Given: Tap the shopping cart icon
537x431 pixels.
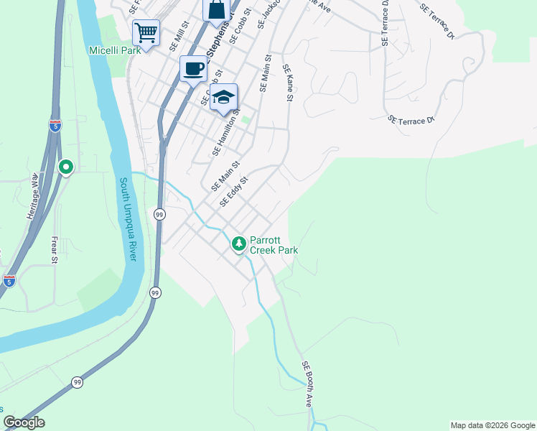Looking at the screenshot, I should point(146,33).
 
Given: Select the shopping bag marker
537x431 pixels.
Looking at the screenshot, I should point(216,10).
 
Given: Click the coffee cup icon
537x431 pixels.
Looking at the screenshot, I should point(193,69).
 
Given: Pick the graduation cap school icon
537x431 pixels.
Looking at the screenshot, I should point(224,98).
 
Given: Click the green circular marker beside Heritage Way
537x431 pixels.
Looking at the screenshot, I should point(66,167).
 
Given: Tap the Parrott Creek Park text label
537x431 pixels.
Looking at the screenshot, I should point(274,246).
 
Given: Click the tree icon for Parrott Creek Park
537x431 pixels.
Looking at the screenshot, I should point(238,245).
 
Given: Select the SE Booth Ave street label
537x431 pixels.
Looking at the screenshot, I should point(307,384).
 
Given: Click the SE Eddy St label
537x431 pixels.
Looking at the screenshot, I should point(233,193).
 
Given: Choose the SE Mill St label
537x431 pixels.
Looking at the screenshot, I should point(178,36).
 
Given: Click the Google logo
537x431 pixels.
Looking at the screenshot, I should point(24,422).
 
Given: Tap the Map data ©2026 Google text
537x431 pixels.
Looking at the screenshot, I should point(492,425).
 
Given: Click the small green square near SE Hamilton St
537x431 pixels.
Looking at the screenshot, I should point(246,119).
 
